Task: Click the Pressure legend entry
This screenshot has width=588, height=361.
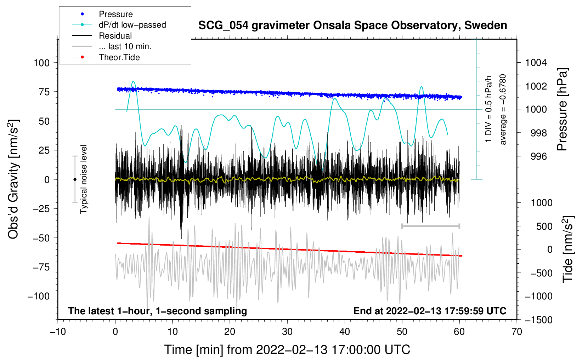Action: pos(115,14)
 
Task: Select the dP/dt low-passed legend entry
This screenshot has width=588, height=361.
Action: pos(132,25)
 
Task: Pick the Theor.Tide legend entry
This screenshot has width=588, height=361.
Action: pos(119,57)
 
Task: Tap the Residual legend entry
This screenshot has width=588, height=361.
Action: pos(115,36)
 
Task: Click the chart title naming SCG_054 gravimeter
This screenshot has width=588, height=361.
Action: pos(352,25)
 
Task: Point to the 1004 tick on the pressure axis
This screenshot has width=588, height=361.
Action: pos(536,63)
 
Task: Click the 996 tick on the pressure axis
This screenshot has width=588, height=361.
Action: pos(539,156)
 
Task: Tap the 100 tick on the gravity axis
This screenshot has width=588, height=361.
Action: pos(41,63)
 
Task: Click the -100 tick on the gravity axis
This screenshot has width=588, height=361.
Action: pos(39,296)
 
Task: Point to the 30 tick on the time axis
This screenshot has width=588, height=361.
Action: pos(287,332)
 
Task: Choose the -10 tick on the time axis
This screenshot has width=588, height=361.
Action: pos(58,332)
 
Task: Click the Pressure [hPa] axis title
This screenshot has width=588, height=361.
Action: pos(562,109)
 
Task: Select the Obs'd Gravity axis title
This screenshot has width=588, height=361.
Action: pos(13,179)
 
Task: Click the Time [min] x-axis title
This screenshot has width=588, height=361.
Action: pos(287,350)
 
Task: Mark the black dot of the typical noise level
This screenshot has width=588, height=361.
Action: pos(75,179)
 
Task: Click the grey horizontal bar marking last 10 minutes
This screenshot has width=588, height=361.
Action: pos(430,226)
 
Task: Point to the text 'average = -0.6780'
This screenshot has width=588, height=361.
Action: pos(503,109)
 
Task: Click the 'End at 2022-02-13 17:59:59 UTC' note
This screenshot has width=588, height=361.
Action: pos(430,311)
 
